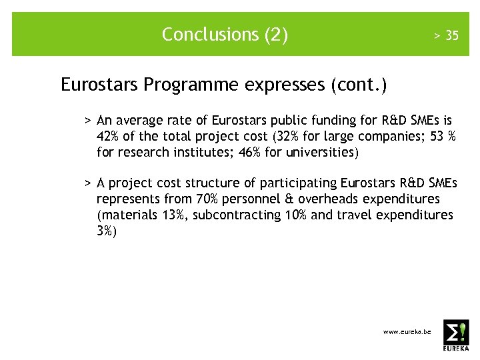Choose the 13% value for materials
point(173,215)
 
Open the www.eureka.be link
point(407,332)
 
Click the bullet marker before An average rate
point(87,121)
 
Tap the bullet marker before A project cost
point(87,183)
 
